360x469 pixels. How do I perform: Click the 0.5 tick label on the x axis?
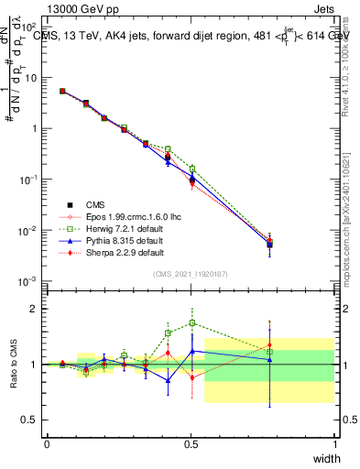[x=191, y=443]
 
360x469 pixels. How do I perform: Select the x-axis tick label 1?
[x=333, y=443]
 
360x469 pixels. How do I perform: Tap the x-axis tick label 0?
[x=47, y=443]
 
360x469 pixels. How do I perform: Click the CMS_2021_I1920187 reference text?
[x=191, y=274]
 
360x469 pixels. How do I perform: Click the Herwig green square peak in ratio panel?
[x=192, y=322]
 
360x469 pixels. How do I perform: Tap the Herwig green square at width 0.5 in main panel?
[x=192, y=169]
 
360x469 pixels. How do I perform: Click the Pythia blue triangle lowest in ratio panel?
[x=168, y=380]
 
